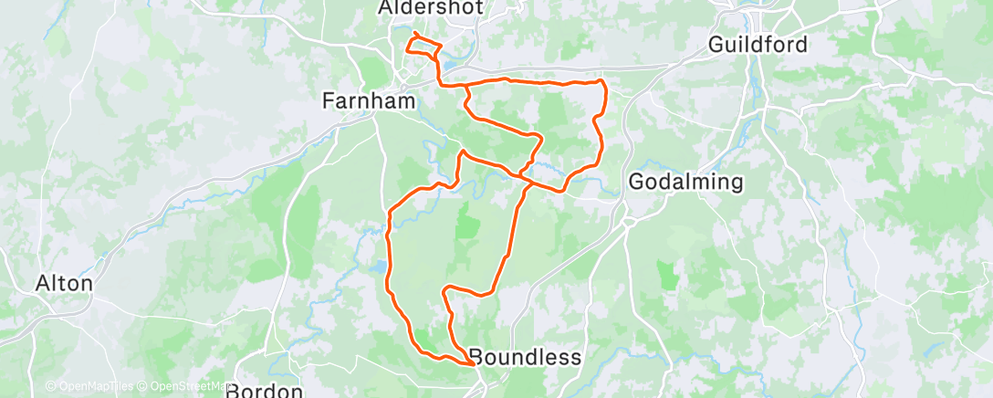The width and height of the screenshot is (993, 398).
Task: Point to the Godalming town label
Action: pos(686,182)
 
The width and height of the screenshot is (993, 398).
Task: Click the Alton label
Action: pos(64,283)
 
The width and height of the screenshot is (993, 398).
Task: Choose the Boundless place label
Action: pos(524,357)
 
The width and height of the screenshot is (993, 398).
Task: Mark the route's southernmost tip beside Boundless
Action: pos(472,364)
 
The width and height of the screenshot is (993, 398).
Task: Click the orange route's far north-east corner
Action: pos(603,82)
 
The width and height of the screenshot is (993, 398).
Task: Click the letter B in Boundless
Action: pos(476,357)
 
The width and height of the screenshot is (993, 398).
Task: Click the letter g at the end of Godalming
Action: pos(736,183)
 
